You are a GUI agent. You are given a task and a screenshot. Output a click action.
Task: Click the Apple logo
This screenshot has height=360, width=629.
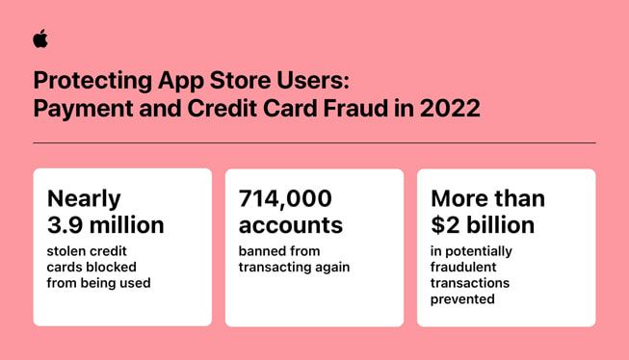point(40,39)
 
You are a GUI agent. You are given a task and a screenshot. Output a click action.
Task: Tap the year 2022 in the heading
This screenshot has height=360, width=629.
point(450,108)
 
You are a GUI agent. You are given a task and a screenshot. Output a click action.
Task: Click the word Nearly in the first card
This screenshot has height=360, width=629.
point(84,199)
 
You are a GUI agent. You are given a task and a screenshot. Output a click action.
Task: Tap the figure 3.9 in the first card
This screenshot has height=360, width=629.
point(66,225)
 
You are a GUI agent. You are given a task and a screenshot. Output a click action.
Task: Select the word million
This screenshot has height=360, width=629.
point(127,225)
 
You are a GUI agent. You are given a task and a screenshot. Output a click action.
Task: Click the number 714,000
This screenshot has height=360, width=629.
point(285,199)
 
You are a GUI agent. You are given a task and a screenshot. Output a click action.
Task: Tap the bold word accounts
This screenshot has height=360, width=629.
point(291,225)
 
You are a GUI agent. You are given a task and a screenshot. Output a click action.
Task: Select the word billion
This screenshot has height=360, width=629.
point(500,225)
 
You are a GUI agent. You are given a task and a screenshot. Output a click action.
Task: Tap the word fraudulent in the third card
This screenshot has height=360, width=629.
point(463,267)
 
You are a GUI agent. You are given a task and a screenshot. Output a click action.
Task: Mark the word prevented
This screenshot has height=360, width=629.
point(462,300)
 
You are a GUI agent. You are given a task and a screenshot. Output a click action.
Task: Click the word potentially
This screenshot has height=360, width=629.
point(479,252)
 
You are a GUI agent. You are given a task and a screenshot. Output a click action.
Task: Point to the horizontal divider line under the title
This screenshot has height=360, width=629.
point(314,142)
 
